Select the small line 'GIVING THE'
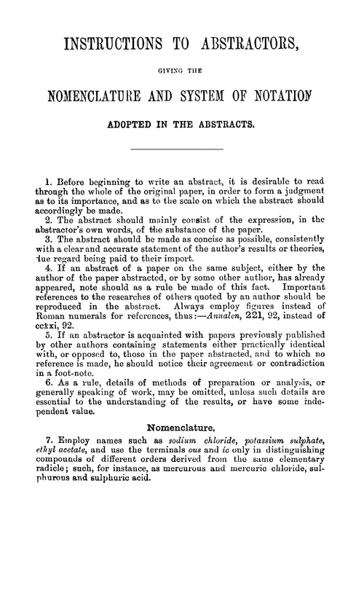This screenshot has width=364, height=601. pos(181,71)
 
